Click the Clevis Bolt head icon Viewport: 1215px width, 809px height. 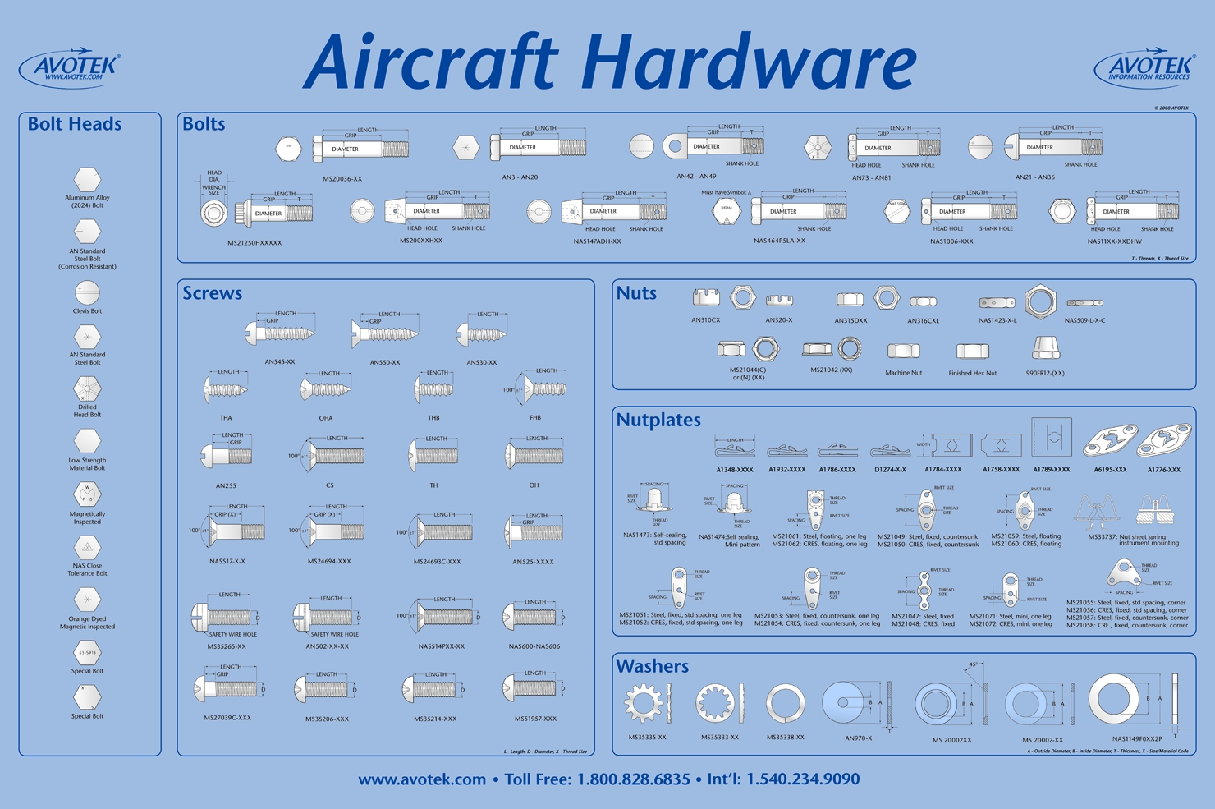point(87,292)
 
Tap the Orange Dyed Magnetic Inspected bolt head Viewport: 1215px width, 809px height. point(87,600)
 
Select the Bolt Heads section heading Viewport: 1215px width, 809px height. point(75,124)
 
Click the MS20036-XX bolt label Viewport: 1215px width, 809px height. point(342,178)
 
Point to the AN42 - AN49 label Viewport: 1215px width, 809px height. point(696,177)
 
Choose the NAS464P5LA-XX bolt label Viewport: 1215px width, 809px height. point(779,241)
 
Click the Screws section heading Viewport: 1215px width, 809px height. point(213,293)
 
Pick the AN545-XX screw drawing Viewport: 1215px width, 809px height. point(280,333)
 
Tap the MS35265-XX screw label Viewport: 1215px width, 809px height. point(226,646)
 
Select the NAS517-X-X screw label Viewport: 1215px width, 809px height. point(227,562)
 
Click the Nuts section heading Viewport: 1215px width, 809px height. point(636,293)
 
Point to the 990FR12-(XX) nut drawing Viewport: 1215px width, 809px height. point(1045,348)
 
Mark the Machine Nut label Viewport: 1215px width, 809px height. point(903,373)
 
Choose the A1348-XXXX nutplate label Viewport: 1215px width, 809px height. point(734,470)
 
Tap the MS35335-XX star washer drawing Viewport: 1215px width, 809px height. point(644,704)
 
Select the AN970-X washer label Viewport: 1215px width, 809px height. point(859,738)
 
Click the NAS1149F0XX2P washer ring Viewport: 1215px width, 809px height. point(1114,700)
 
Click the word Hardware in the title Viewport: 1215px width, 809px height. point(750,62)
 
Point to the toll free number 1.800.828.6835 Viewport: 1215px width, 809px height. point(633,779)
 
